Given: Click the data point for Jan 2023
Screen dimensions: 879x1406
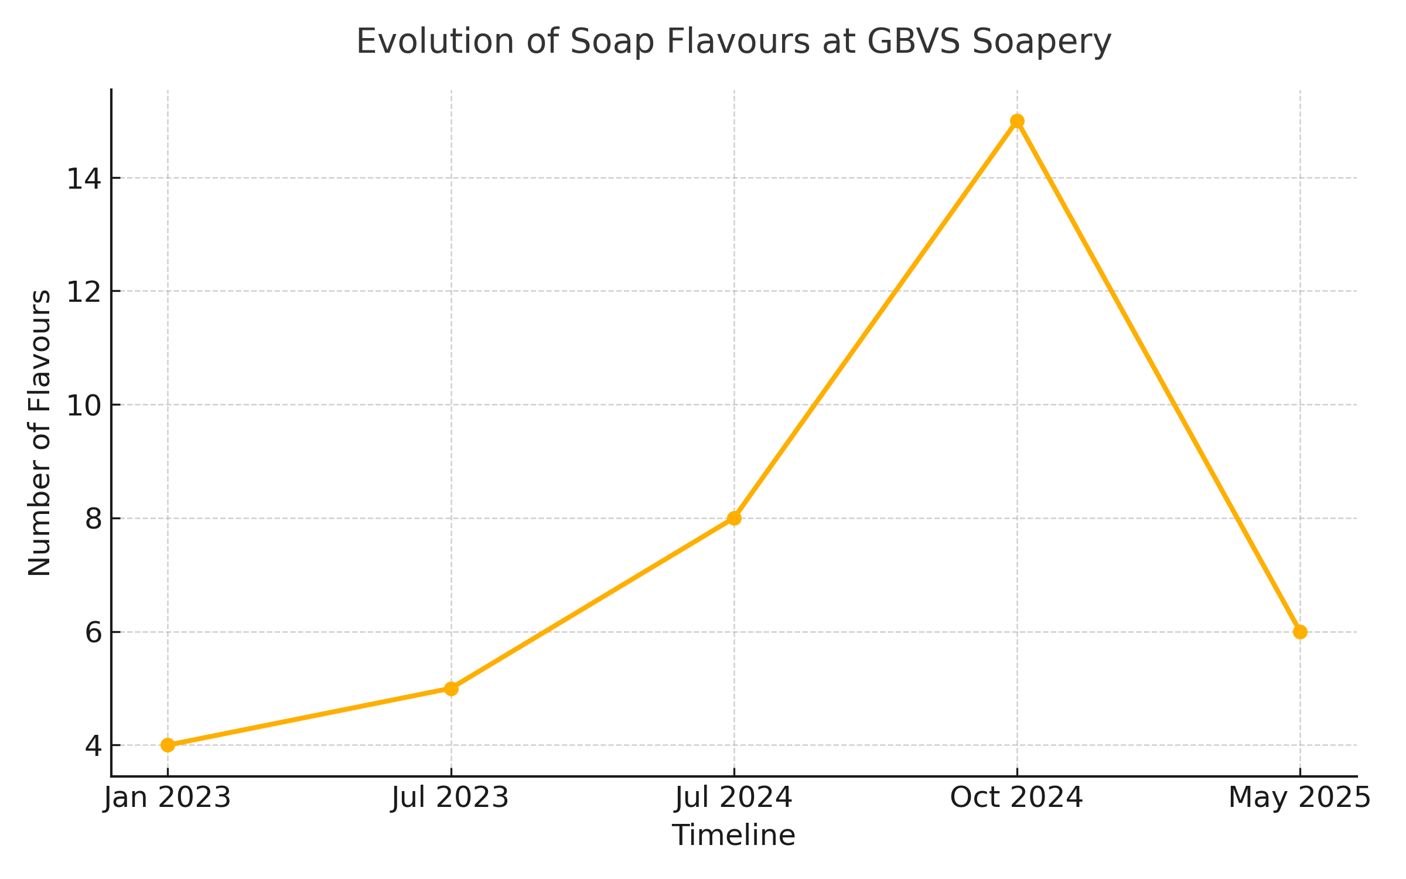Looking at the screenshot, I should pos(168,745).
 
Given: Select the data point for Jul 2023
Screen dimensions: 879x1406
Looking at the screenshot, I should pos(451,689).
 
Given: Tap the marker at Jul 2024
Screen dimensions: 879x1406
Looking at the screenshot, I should pos(734,518).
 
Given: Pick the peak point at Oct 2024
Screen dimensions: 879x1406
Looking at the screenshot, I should pos(1017,121).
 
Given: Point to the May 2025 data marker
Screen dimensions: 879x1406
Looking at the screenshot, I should pos(1300,632).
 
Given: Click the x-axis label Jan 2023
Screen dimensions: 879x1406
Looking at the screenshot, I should pos(168,798).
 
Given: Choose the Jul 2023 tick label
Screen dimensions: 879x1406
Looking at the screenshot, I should pos(450,798).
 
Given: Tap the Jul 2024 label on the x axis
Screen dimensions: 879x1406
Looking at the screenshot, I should pos(733,798).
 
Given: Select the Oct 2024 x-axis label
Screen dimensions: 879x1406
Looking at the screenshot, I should pos(1016,798).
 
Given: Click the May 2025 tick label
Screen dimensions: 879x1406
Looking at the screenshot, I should pos(1299,798).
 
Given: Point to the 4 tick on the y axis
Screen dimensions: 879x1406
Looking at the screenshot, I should pos(93,746).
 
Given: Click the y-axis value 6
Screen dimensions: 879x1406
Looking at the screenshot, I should pos(93,633).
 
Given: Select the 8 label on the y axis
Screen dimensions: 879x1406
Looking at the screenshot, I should pos(93,519).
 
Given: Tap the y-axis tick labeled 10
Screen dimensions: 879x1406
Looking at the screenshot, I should pos(84,406).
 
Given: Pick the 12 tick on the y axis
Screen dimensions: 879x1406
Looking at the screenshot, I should pos(84,292).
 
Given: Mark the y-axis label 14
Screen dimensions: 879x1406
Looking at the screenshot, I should pos(84,179).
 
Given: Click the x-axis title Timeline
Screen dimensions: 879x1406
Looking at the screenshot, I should pos(733,835).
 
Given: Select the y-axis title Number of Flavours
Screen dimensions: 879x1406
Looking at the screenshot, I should pos(40,433).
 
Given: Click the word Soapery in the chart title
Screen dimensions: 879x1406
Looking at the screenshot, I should pos(1041,42).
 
